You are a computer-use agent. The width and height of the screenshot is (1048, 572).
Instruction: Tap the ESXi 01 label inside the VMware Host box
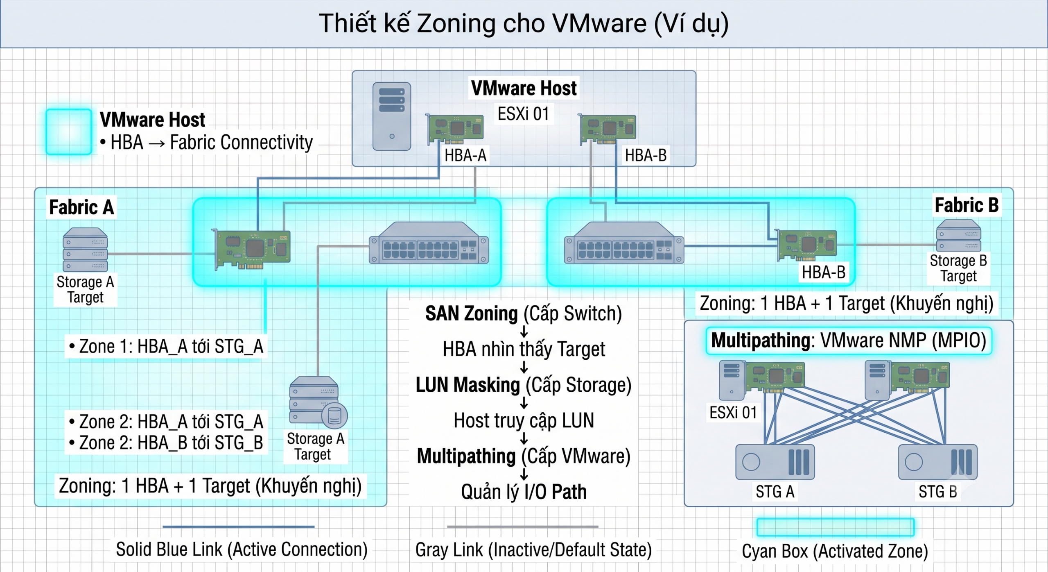(x=523, y=113)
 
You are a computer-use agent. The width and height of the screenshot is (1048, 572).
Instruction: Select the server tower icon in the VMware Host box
(x=391, y=116)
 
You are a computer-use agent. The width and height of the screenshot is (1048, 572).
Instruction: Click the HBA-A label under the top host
(x=465, y=155)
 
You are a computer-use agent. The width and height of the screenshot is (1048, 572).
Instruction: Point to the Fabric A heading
(x=81, y=207)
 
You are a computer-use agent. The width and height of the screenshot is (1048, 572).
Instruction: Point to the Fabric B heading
(x=967, y=205)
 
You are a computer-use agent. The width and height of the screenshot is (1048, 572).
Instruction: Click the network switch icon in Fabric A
(x=429, y=243)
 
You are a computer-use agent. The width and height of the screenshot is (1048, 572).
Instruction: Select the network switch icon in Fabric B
(x=624, y=243)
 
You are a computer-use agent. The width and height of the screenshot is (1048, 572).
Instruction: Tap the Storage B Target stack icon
(x=958, y=235)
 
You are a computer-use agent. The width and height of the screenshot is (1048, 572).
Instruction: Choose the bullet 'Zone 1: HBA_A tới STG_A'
(x=166, y=347)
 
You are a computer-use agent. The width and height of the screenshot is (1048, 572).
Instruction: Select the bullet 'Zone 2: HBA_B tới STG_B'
(x=166, y=443)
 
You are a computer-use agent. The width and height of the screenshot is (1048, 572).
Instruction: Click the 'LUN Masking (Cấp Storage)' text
(x=524, y=385)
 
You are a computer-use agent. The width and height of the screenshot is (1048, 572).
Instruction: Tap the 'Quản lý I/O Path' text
(x=524, y=492)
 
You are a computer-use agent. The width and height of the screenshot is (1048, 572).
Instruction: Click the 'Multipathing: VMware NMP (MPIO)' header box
(x=849, y=340)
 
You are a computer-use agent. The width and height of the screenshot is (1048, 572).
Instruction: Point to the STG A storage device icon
(x=775, y=462)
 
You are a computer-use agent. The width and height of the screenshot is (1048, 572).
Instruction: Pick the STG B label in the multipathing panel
(x=937, y=491)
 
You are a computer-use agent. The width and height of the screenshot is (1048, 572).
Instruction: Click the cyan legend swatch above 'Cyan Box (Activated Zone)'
(x=836, y=527)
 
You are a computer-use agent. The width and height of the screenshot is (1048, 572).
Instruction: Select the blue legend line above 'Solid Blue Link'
(x=239, y=527)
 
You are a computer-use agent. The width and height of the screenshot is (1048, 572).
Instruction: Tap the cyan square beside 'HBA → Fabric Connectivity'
(x=69, y=132)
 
